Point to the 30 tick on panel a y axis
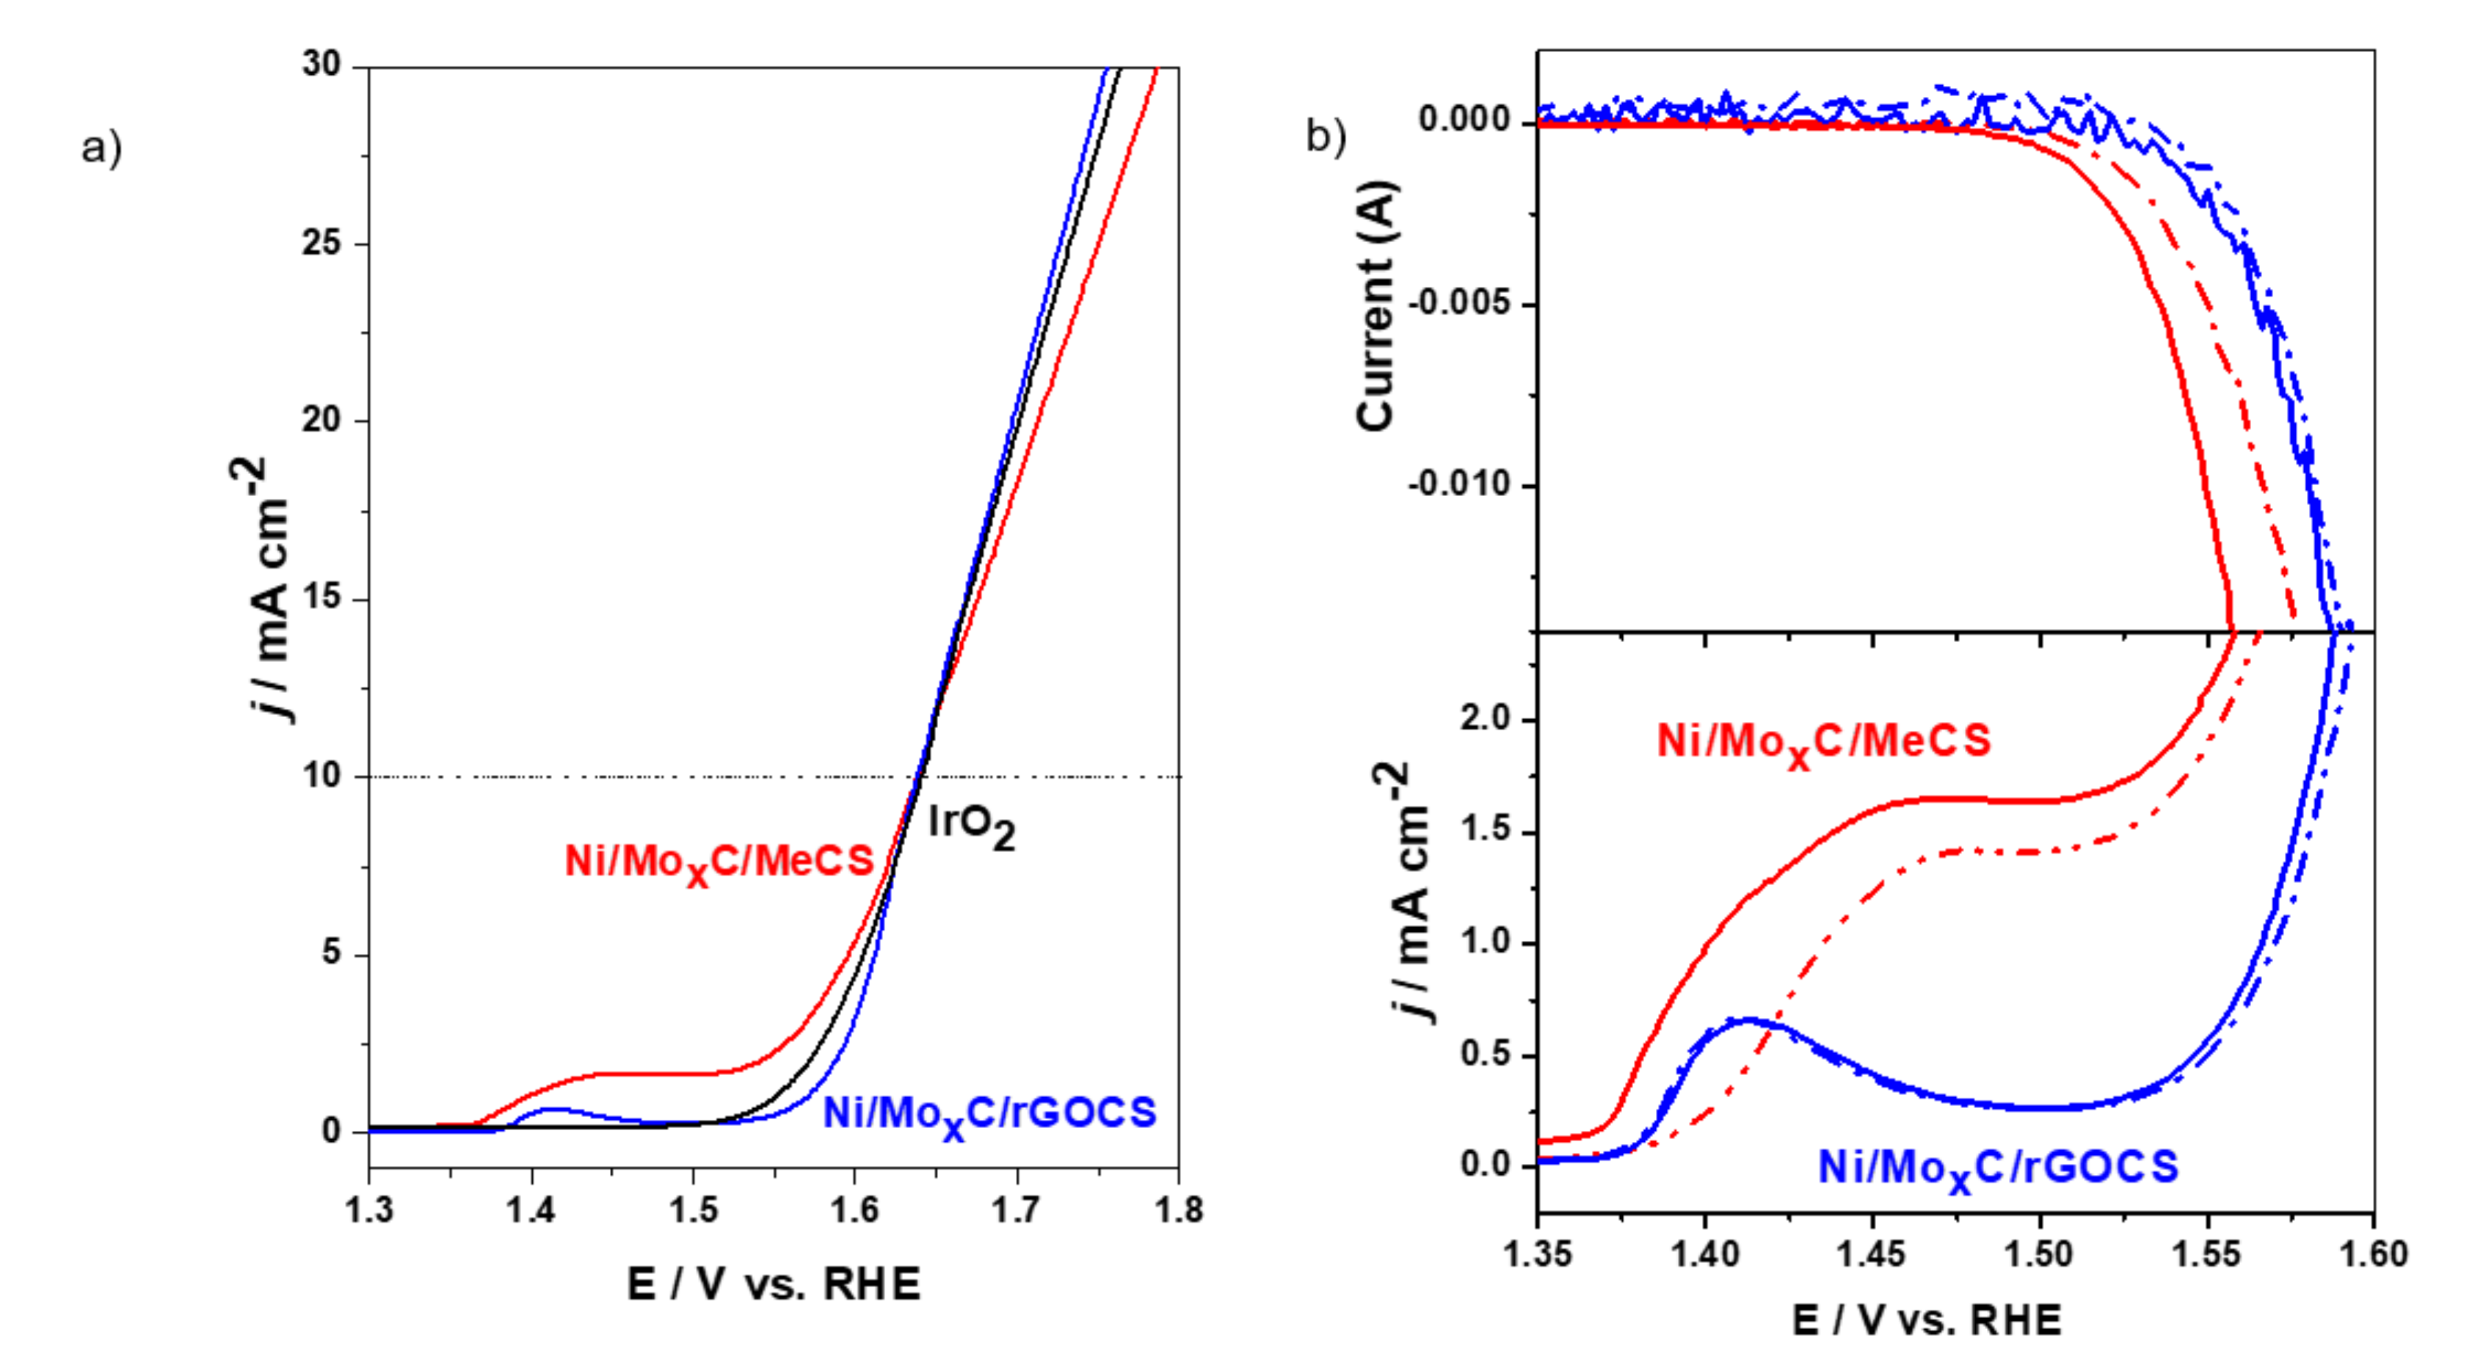tap(322, 65)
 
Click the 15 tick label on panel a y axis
tap(322, 597)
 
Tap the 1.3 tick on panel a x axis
tap(369, 1210)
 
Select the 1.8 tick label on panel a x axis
tap(1178, 1210)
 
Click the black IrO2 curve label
tap(970, 827)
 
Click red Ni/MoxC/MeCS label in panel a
tap(719, 862)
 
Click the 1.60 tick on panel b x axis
tap(2373, 1254)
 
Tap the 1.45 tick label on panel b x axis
tap(1872, 1254)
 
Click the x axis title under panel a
tap(774, 1285)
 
